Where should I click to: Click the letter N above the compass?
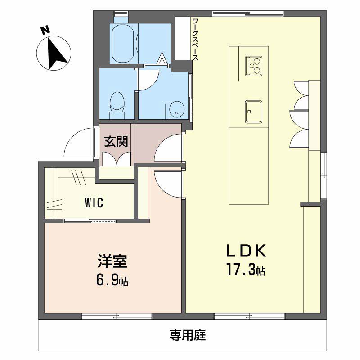coord(45,31)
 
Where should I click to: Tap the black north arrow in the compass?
coord(55,54)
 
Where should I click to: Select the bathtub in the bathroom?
coord(123,44)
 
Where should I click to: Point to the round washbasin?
coord(177,110)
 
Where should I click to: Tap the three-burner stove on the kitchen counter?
coord(254,66)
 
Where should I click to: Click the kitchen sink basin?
coord(254,112)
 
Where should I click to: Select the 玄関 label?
coord(116,142)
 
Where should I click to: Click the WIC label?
coord(94,203)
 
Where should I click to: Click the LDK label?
coord(246,251)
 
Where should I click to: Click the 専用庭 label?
coord(188,335)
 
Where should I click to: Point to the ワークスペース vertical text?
coord(195,39)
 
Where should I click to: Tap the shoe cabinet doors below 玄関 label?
coord(117,159)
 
